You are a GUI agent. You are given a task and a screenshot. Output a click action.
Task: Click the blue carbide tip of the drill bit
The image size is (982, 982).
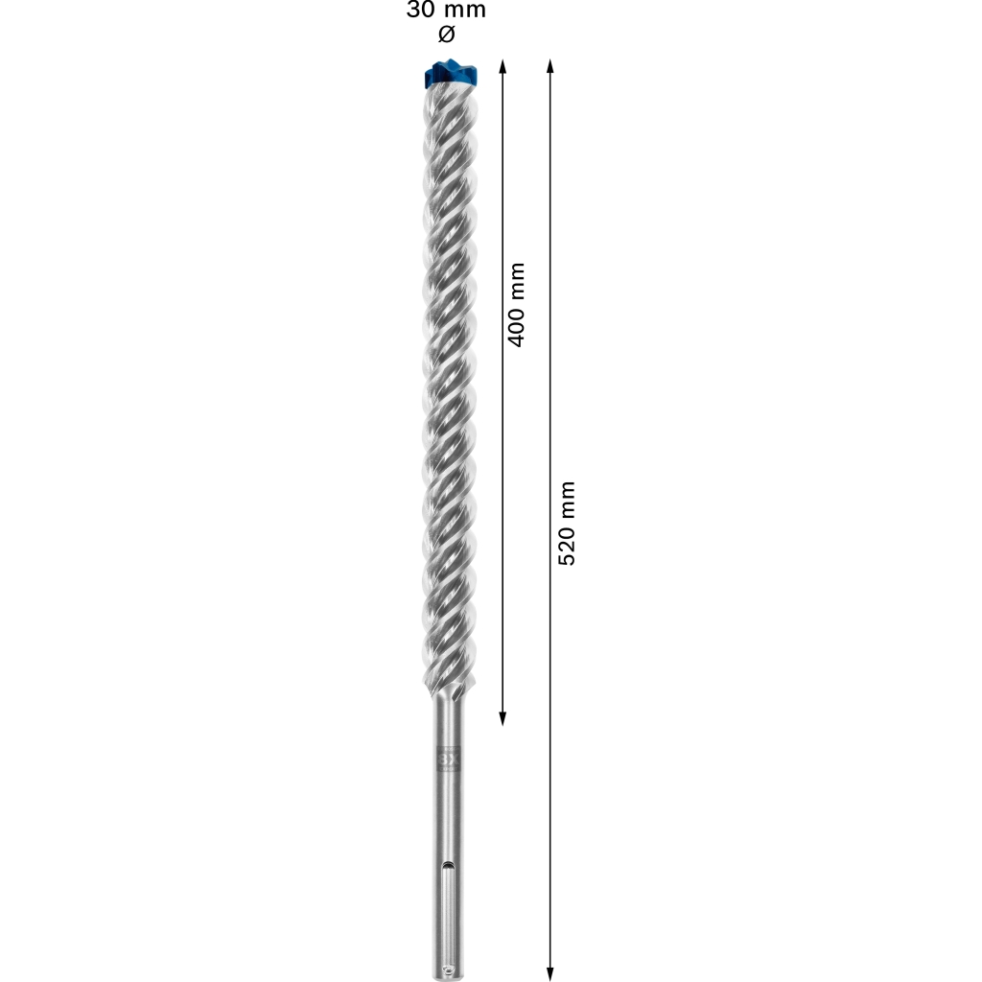451,74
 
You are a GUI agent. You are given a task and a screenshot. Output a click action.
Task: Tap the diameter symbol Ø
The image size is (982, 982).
447,34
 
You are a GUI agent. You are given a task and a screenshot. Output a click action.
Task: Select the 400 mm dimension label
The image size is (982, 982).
516,304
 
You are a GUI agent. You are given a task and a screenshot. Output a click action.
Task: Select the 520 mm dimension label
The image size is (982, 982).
566,524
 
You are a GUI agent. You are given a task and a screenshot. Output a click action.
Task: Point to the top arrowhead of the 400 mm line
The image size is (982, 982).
503,66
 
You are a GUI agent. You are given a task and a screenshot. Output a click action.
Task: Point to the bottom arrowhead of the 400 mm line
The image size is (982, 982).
503,719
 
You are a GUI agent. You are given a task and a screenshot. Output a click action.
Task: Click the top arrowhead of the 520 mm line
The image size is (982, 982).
549,66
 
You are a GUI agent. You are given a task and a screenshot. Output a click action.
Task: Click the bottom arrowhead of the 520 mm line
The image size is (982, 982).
549,974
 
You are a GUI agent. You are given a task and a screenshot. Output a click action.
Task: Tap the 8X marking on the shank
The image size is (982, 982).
449,760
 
